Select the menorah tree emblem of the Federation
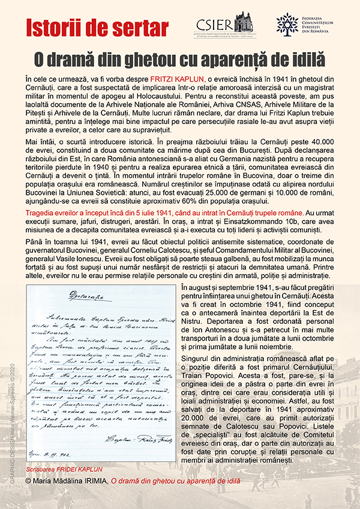(287, 23)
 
